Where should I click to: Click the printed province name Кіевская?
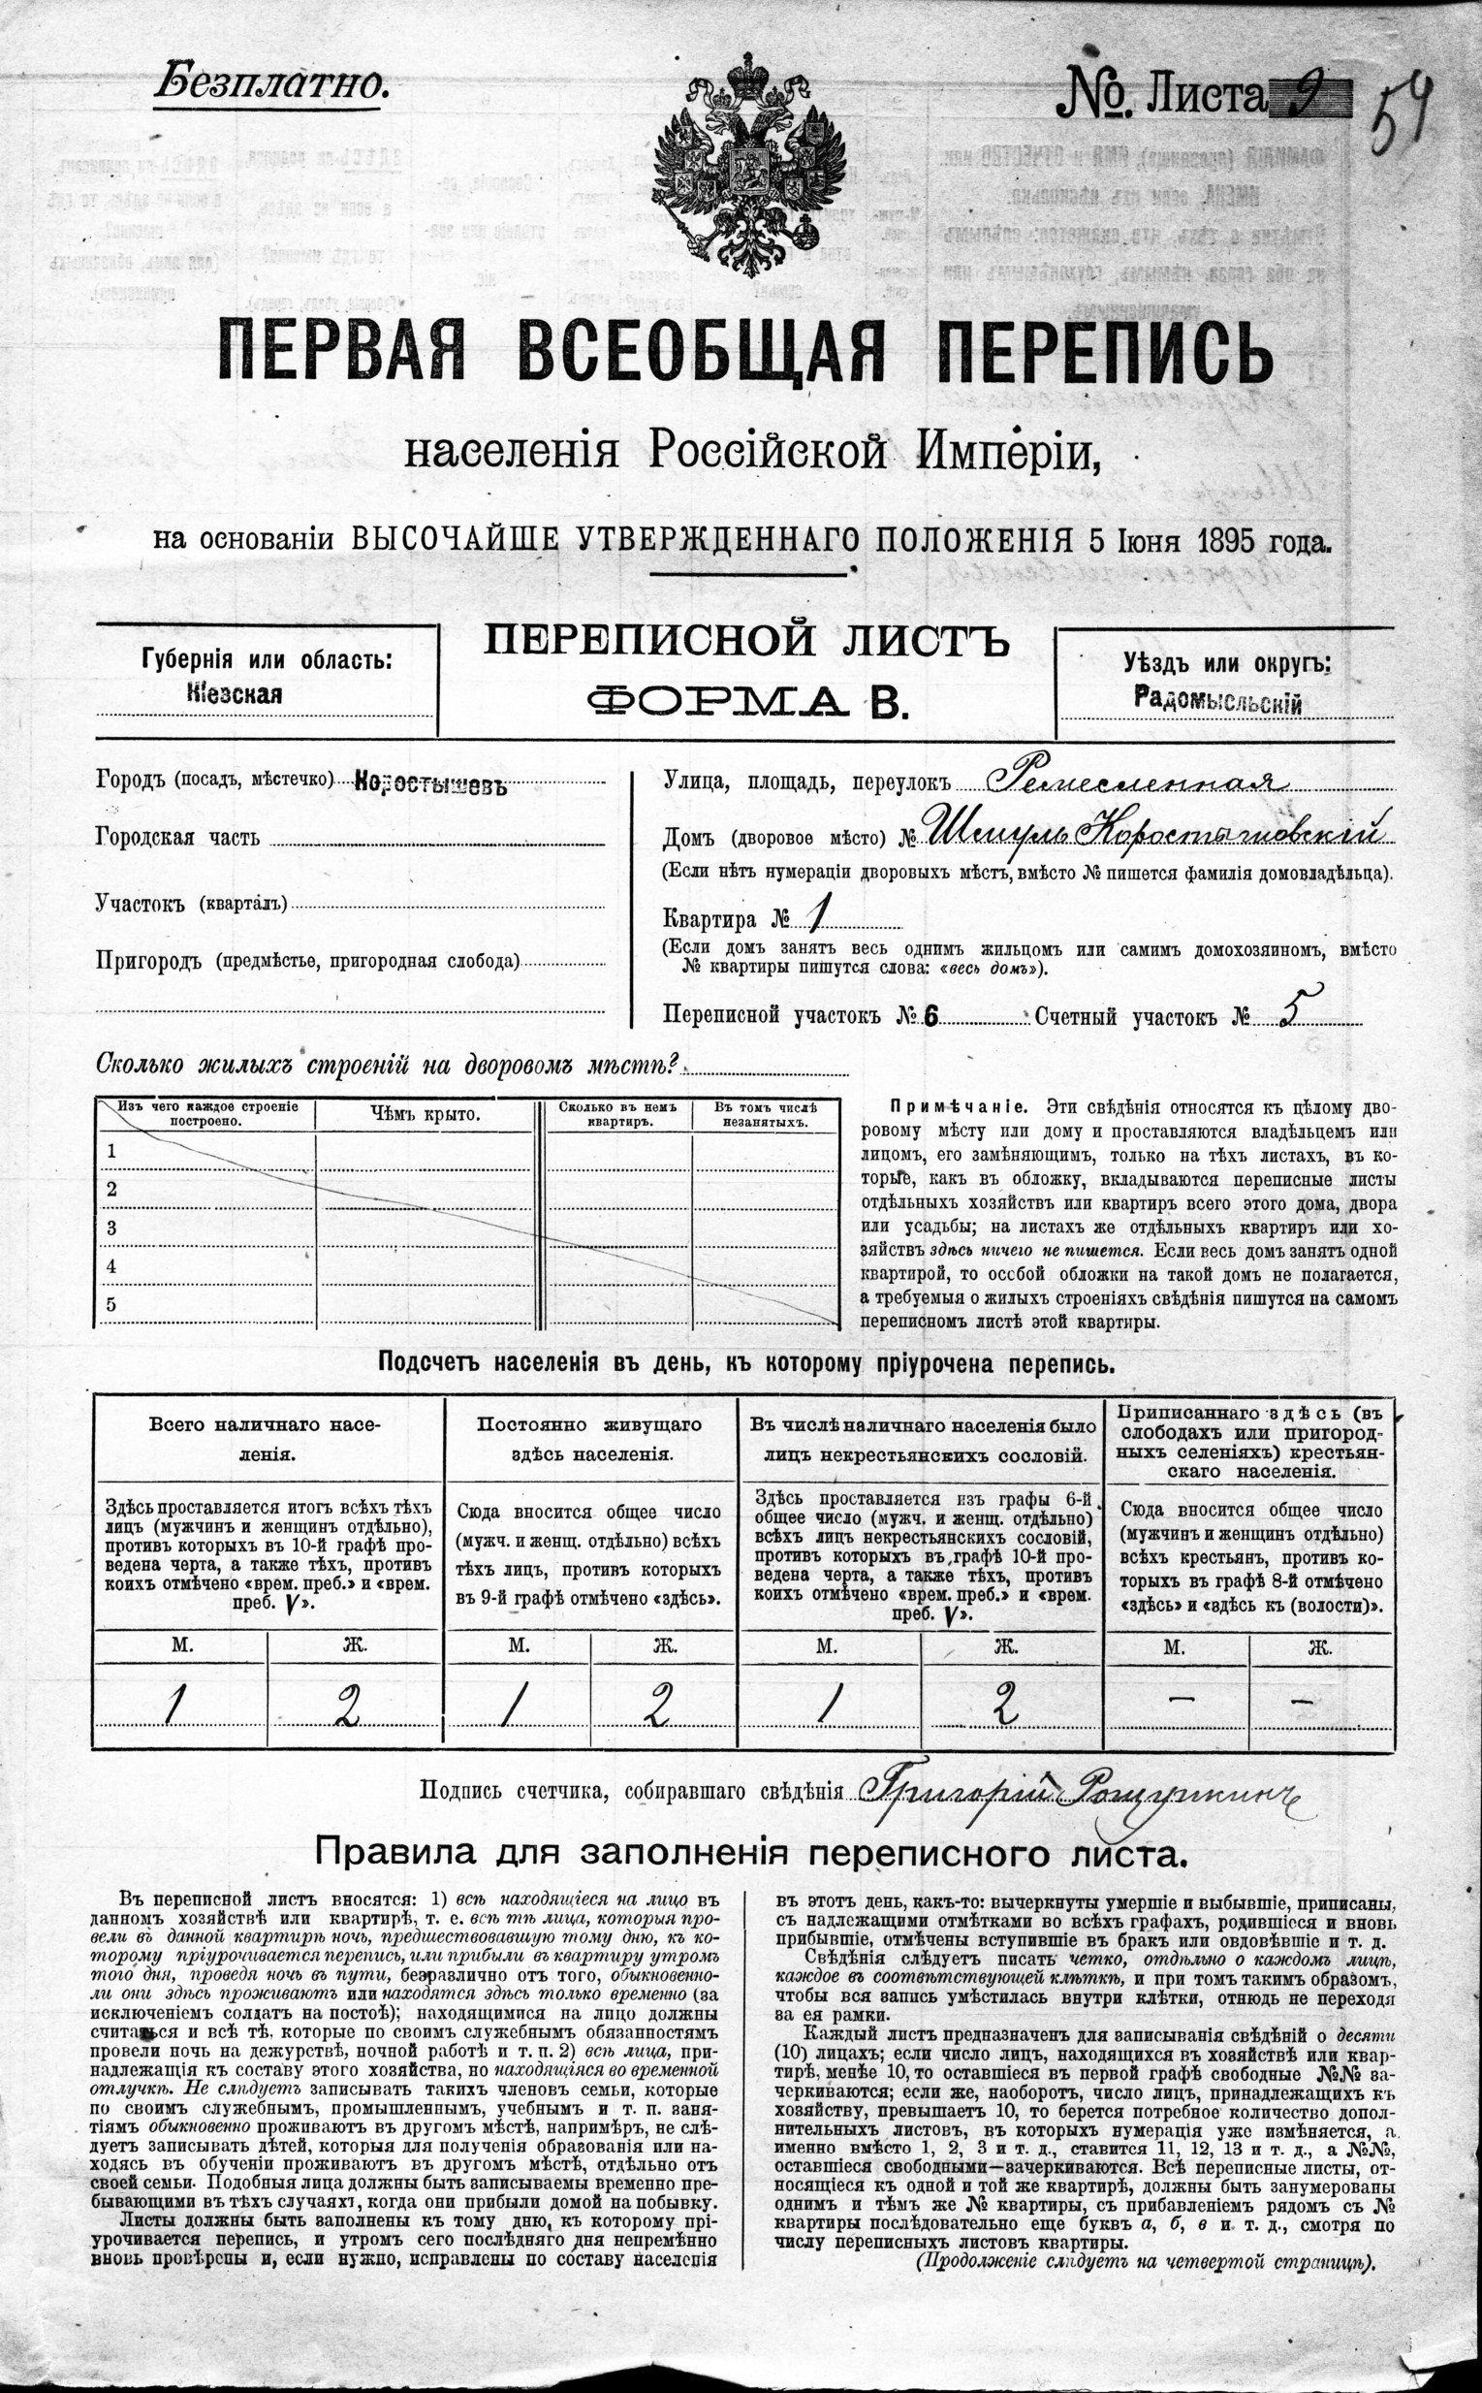(x=235, y=694)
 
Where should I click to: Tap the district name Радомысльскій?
(x=1218, y=702)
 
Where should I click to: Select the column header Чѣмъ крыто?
(x=426, y=1114)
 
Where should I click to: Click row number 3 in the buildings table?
(x=111, y=1228)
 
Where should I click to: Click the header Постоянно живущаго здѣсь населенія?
(x=590, y=1438)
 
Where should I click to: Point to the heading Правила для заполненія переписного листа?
(x=750, y=1853)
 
